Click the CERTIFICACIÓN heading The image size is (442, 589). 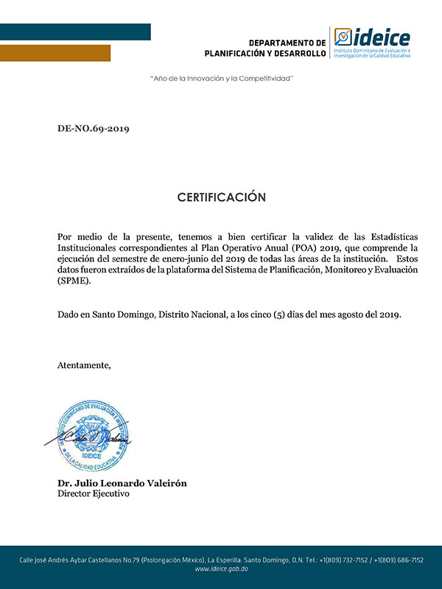pyautogui.click(x=221, y=197)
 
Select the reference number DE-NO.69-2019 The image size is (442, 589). pyautogui.click(x=94, y=129)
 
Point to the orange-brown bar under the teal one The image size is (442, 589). pyautogui.click(x=55, y=53)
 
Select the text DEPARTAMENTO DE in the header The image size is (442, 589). pyautogui.click(x=287, y=43)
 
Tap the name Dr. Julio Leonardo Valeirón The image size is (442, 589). pyautogui.click(x=122, y=483)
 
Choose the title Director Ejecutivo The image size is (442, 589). pyautogui.click(x=94, y=494)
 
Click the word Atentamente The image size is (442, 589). pyautogui.click(x=85, y=365)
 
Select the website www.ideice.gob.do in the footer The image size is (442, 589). pyautogui.click(x=221, y=570)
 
